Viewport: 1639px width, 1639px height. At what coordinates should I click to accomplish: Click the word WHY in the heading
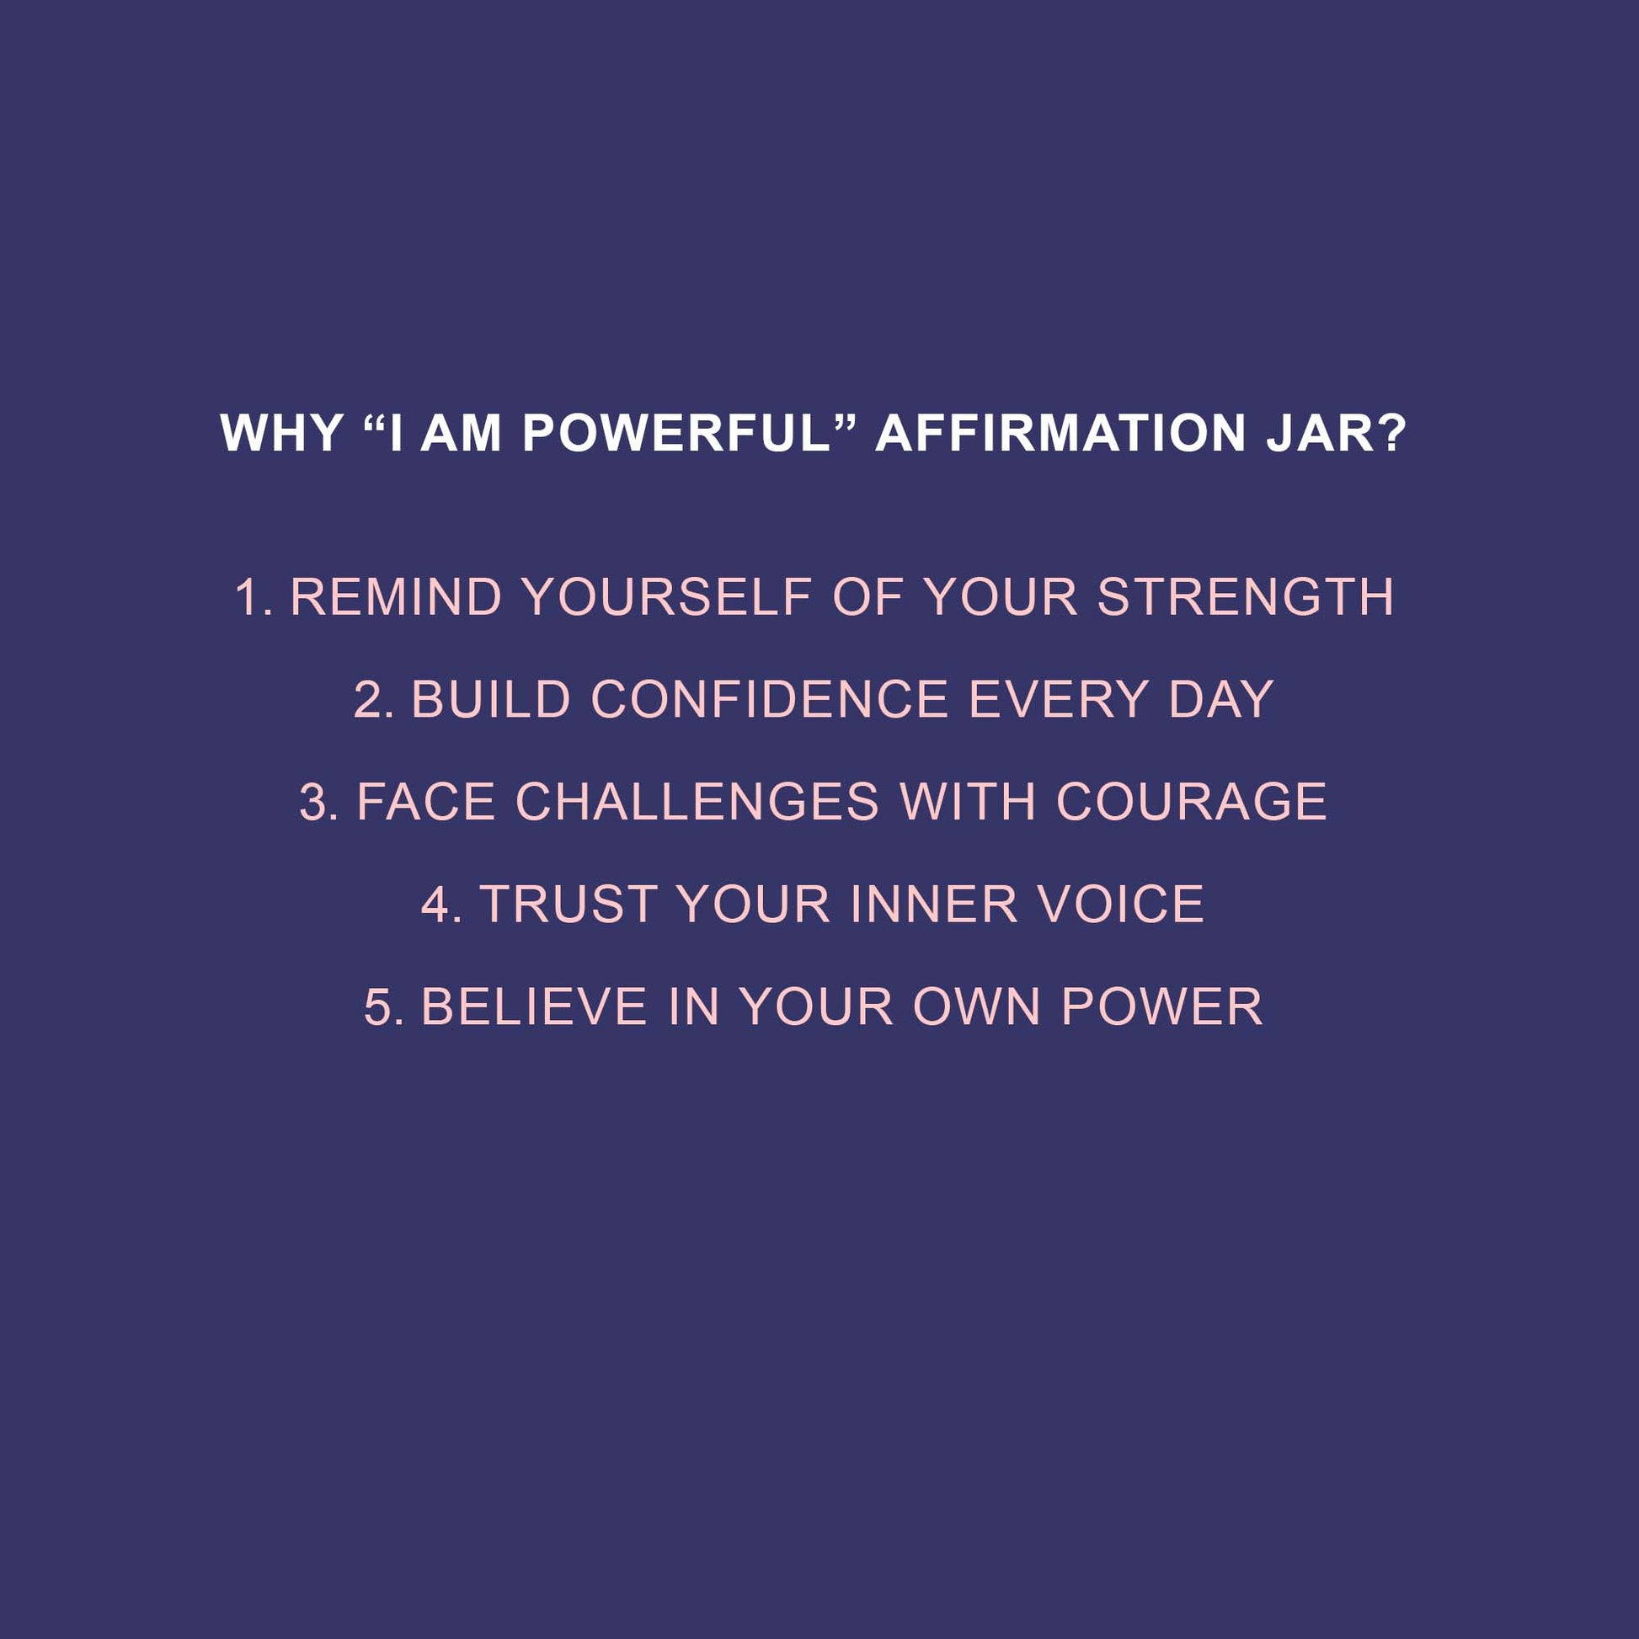[x=280, y=434]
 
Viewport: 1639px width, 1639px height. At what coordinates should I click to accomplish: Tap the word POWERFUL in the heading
[x=676, y=434]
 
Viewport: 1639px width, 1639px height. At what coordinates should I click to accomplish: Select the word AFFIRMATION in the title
[x=1060, y=434]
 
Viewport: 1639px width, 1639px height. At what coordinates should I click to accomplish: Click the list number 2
[x=371, y=700]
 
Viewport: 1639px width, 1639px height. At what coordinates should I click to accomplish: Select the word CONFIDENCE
[x=770, y=700]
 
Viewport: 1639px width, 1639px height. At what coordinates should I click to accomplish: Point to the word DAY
[x=1220, y=700]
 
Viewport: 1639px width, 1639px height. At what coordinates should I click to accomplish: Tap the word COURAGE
[x=1191, y=802]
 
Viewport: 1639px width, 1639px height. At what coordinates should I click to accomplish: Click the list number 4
[x=440, y=905]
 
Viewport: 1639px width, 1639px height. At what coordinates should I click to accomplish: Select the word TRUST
[x=569, y=905]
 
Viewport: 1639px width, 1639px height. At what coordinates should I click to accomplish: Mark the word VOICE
[x=1122, y=905]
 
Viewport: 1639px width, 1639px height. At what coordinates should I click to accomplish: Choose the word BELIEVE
[x=536, y=1007]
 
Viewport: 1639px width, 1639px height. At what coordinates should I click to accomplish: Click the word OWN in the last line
[x=976, y=1007]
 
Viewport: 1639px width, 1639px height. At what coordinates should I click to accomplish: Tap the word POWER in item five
[x=1161, y=1007]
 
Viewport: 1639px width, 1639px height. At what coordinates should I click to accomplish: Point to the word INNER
[x=934, y=905]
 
